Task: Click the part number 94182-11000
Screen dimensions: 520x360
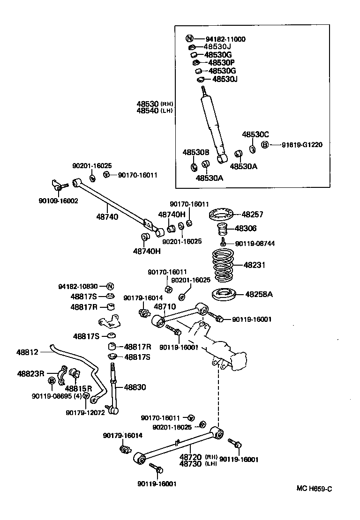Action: tap(225, 39)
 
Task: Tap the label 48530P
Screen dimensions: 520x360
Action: tap(221, 62)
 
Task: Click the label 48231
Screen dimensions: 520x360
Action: tap(255, 265)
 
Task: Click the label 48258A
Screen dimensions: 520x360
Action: tap(259, 294)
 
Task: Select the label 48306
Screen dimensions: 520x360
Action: tap(246, 229)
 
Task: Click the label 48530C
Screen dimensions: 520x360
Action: tap(255, 134)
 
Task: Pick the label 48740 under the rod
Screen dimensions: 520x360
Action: tap(107, 217)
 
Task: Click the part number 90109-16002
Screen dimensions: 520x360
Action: tap(58, 201)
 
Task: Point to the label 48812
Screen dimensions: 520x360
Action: tap(28, 351)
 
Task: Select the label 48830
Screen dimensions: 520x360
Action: tap(135, 387)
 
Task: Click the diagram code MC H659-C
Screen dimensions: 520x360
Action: tap(314, 489)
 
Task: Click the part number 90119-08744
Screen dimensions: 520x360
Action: tap(255, 244)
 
